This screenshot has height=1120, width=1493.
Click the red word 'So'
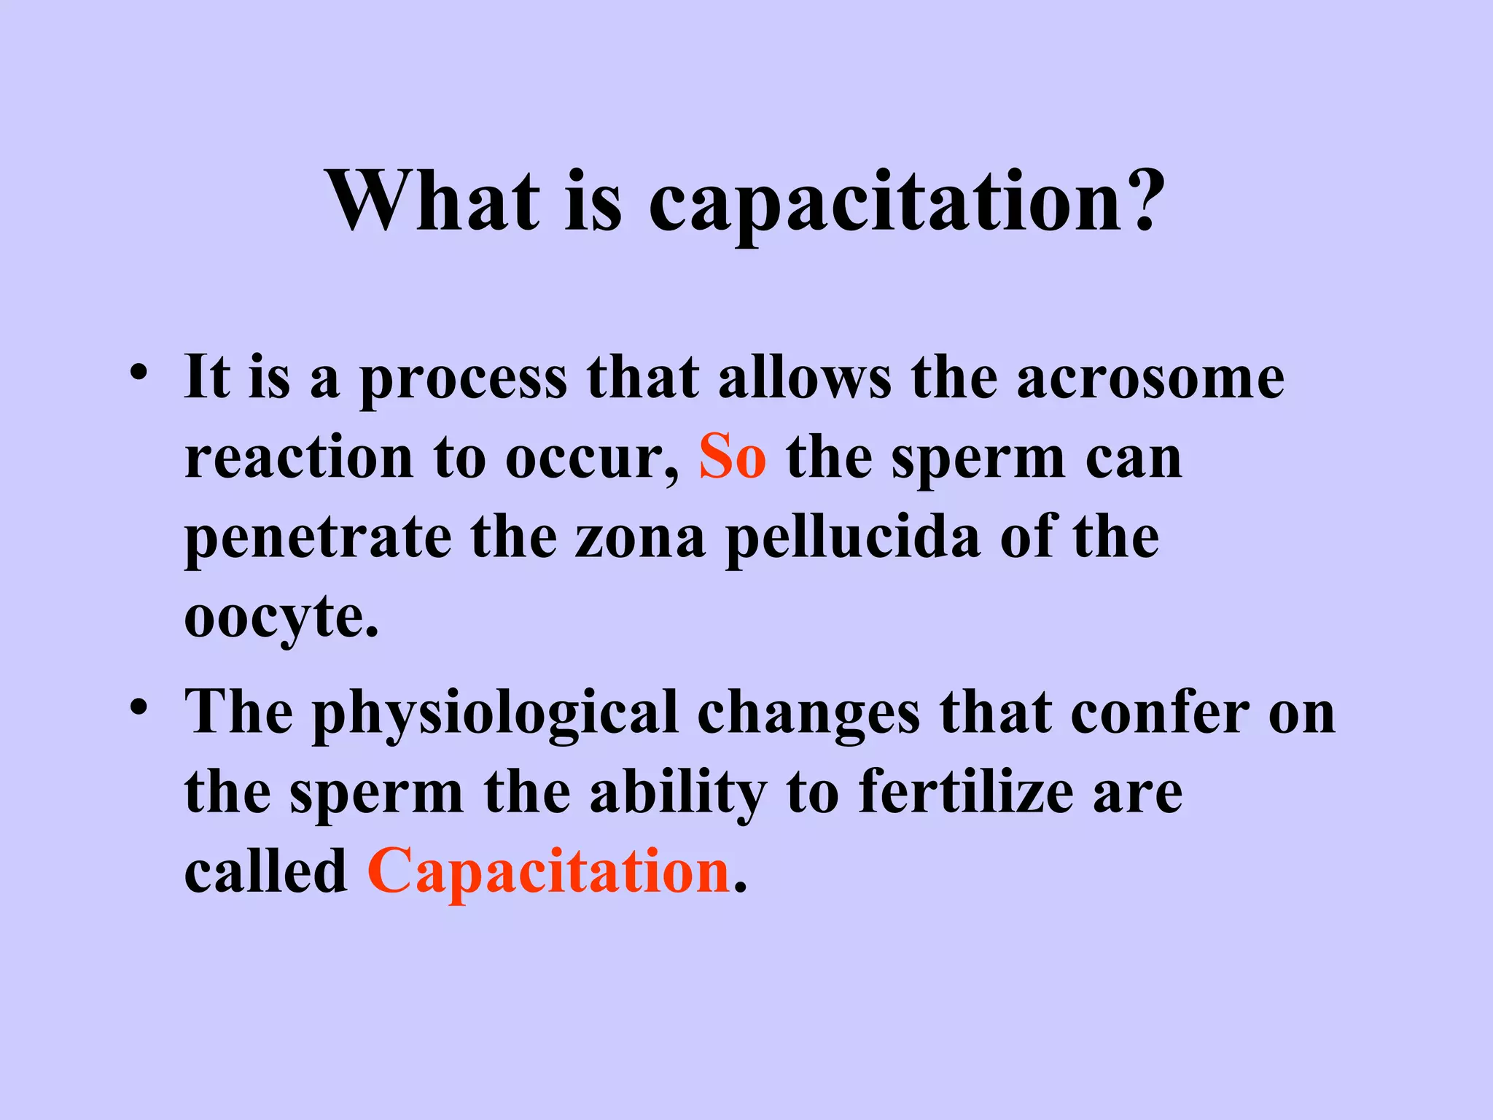732,457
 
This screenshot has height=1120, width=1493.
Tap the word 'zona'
640,537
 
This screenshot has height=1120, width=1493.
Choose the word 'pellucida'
853,540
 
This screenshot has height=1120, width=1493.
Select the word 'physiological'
496,715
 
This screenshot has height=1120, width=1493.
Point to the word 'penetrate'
318,540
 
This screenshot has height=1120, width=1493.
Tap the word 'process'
464,381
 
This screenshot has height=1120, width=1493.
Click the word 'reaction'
299,458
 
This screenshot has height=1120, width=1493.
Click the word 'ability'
678,795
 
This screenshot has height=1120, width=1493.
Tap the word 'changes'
808,715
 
